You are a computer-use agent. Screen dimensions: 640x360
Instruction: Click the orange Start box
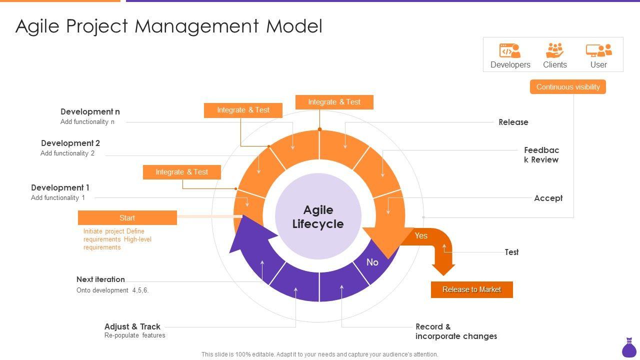pos(127,217)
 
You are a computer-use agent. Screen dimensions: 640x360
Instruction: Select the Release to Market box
pos(471,289)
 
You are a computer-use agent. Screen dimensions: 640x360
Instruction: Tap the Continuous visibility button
pos(567,87)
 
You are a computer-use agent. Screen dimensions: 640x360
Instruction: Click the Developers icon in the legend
pos(509,50)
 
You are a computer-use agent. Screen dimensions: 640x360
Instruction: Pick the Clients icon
pos(554,50)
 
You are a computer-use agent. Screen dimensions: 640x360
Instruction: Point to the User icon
pos(598,50)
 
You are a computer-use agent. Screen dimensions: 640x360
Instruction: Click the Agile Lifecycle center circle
pos(318,216)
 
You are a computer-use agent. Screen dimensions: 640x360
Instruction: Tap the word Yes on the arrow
pos(421,235)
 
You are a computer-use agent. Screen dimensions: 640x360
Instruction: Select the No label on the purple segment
pos(372,262)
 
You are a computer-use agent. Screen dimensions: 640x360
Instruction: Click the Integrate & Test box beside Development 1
pos(181,172)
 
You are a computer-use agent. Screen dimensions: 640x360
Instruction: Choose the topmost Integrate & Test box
pos(334,102)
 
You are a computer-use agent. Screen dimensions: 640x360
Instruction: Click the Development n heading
pos(90,111)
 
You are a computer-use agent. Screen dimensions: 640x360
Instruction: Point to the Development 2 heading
pos(70,143)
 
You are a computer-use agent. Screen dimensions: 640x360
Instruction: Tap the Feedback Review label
pos(541,155)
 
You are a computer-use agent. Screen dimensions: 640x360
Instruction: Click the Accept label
pos(548,198)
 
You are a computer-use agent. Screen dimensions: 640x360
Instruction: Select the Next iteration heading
pos(100,279)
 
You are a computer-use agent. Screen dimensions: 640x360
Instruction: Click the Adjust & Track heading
pos(132,326)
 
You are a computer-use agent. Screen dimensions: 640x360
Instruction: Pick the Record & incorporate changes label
pos(456,331)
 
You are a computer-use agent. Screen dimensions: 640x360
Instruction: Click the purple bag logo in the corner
pos(629,348)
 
